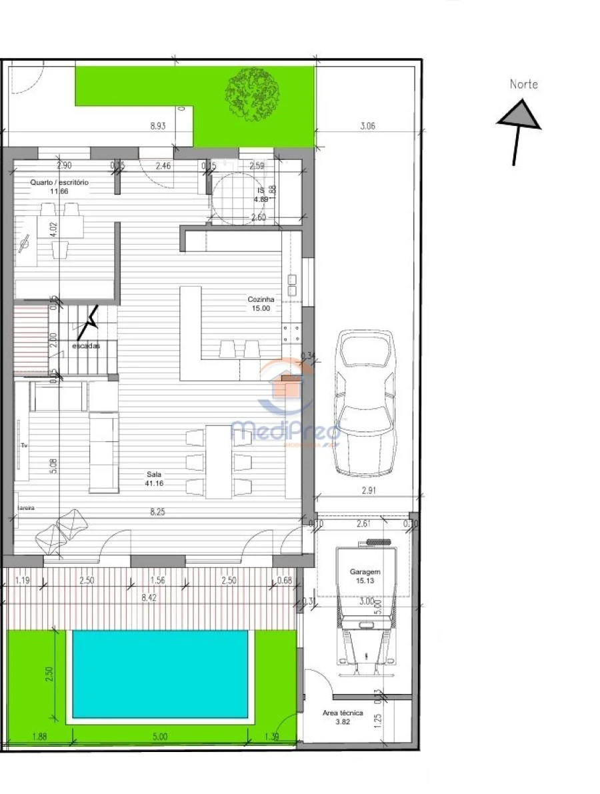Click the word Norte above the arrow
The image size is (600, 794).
pyautogui.click(x=523, y=85)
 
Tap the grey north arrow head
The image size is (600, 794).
pyautogui.click(x=519, y=115)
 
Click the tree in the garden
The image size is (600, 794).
pyautogui.click(x=253, y=93)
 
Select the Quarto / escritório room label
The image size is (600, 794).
pyautogui.click(x=59, y=182)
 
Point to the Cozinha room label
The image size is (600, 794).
pyautogui.click(x=261, y=300)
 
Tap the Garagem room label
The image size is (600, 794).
pyautogui.click(x=365, y=572)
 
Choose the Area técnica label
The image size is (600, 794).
pyautogui.click(x=343, y=713)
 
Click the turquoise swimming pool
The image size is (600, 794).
pyautogui.click(x=161, y=673)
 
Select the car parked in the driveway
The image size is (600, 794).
pyautogui.click(x=365, y=403)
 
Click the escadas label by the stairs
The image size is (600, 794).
pyautogui.click(x=86, y=346)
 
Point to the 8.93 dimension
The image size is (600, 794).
pyautogui.click(x=158, y=125)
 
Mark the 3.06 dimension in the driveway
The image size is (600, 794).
pyautogui.click(x=367, y=125)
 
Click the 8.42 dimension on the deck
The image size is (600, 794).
pyautogui.click(x=149, y=599)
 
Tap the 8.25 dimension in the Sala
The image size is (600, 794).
pyautogui.click(x=158, y=512)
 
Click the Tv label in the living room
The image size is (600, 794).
pyautogui.click(x=23, y=444)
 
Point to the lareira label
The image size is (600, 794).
pyautogui.click(x=25, y=507)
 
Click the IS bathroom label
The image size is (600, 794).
pyautogui.click(x=261, y=191)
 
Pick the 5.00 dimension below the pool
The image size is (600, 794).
pyautogui.click(x=160, y=737)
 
